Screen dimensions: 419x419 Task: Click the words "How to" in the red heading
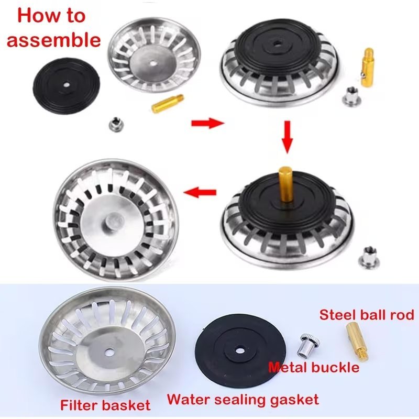[x=51, y=16]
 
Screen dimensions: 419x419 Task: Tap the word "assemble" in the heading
[x=54, y=40]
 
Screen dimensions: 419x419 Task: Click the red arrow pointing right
[x=207, y=123]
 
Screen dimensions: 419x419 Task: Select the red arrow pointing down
[x=287, y=137]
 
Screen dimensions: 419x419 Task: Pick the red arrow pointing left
[x=200, y=192]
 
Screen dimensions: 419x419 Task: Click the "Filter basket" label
[x=105, y=405]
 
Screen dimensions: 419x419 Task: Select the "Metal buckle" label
[x=314, y=368]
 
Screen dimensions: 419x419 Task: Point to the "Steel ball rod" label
[x=367, y=315]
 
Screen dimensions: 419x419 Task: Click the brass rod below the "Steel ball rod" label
[x=357, y=341]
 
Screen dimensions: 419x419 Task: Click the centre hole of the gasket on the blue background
[x=239, y=350]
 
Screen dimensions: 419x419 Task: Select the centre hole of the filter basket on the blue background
[x=109, y=353]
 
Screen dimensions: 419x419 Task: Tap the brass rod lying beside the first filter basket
[x=168, y=103]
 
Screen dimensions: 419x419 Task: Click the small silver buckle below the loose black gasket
[x=115, y=125]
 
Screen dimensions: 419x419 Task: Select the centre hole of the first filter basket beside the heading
[x=153, y=63]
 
